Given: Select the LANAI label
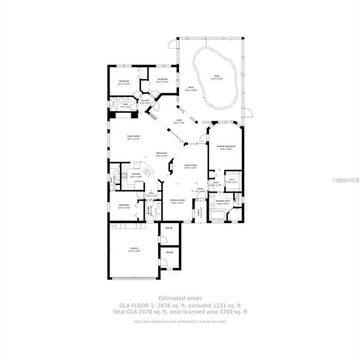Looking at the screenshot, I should coord(179,119).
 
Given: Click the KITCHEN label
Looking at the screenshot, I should coord(136,174).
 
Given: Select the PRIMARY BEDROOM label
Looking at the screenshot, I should coord(226,146).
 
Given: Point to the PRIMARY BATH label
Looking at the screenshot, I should coord(222,201).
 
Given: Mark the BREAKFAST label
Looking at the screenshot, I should coord(161,153).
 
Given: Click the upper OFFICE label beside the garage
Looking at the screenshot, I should coord(169,228).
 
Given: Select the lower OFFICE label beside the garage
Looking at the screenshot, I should coord(169,252).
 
